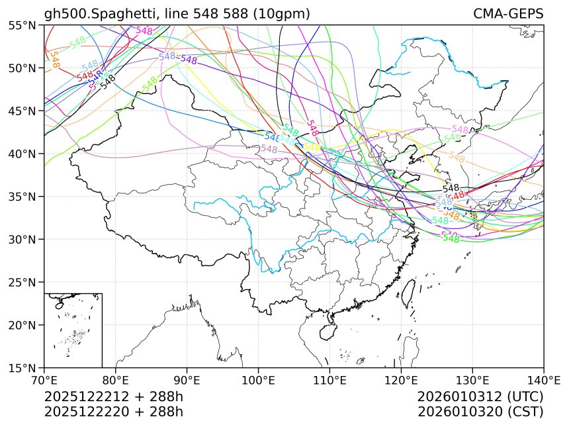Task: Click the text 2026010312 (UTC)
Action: click(x=480, y=397)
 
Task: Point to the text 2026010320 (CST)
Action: click(x=480, y=411)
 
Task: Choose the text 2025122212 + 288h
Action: click(x=113, y=397)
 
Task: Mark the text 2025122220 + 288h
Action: click(x=113, y=411)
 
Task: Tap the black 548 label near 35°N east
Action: click(x=451, y=189)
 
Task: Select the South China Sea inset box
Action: click(x=73, y=330)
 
